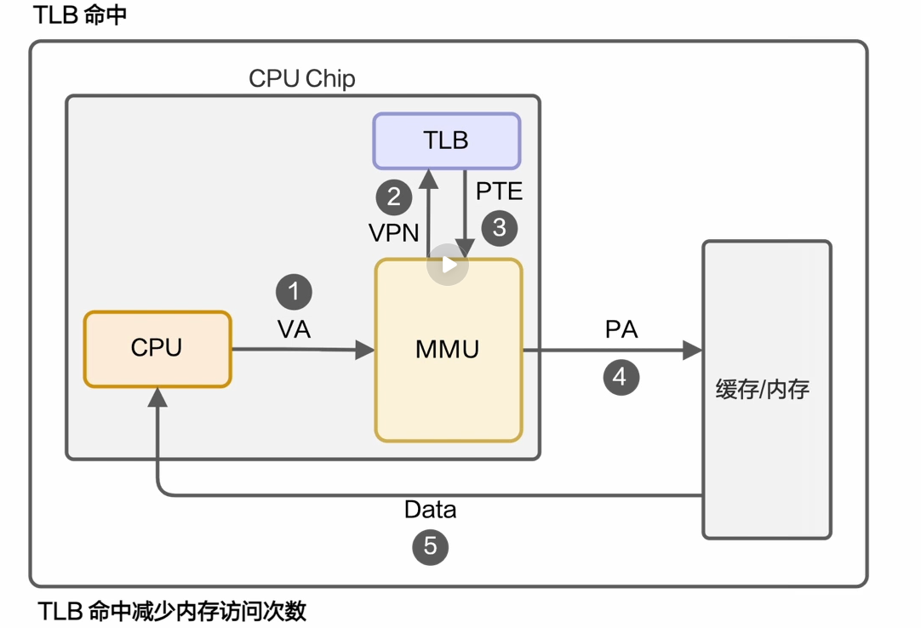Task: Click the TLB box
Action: (x=446, y=140)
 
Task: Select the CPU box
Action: (x=157, y=349)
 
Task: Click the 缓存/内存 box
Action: (x=766, y=390)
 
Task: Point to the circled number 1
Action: (x=294, y=292)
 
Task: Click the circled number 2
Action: (x=394, y=197)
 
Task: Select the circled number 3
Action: (x=499, y=227)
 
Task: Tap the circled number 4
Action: (x=621, y=377)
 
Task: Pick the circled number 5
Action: (x=430, y=545)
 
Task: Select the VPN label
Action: (x=393, y=232)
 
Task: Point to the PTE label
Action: (x=499, y=191)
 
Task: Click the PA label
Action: (x=621, y=329)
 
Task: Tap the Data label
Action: (x=430, y=510)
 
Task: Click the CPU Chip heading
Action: (x=301, y=79)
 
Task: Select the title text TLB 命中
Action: (x=80, y=16)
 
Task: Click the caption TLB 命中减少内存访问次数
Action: (x=173, y=611)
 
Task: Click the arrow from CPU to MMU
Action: (x=302, y=349)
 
